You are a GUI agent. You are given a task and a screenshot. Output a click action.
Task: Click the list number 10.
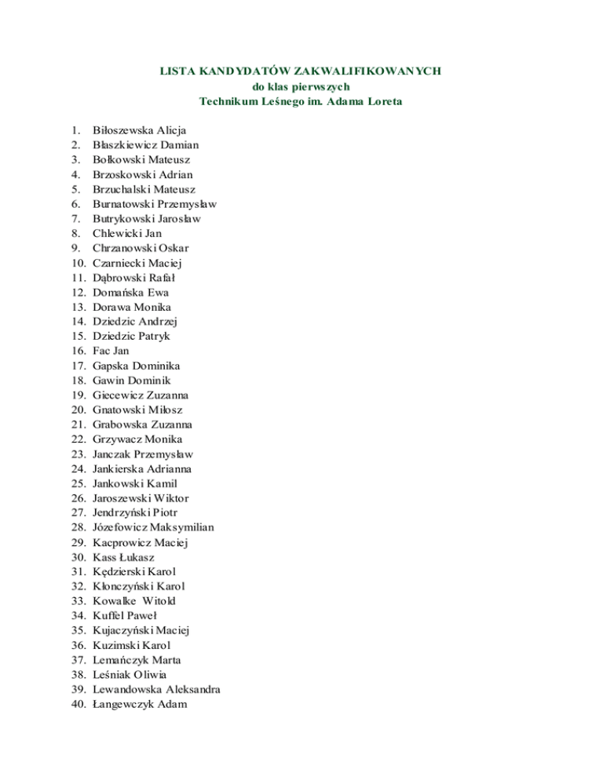[78, 263]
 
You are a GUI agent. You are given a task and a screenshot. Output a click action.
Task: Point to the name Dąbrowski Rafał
[133, 278]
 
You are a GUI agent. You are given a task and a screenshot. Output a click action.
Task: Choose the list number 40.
[78, 705]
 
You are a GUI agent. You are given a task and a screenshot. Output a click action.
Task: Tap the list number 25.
[78, 484]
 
